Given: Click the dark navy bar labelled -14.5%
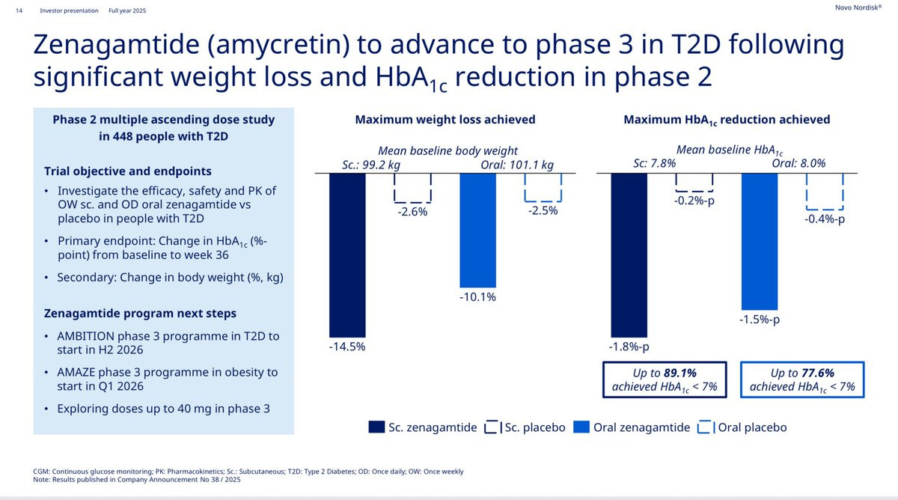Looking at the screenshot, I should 347,254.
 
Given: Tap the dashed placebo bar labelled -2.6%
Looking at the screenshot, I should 412,188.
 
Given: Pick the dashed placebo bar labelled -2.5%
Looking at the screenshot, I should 543,187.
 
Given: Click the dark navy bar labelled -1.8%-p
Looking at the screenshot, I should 629,254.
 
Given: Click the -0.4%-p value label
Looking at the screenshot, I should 825,220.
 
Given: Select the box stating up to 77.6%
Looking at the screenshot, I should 801,379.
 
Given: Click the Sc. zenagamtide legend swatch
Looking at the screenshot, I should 376,427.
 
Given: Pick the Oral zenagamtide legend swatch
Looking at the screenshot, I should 581,427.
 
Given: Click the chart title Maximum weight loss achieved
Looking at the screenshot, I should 445,120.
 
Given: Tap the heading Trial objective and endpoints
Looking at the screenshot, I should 128,171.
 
